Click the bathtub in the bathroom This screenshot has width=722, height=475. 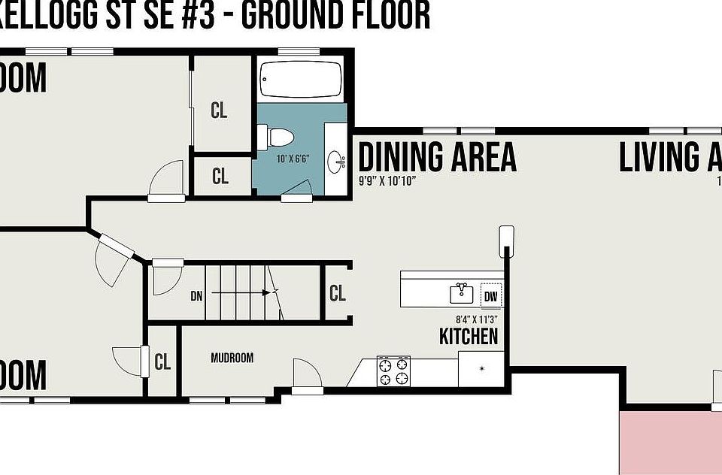click(x=301, y=78)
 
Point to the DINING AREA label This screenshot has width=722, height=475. click(x=437, y=156)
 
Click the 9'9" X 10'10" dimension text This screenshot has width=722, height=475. click(x=387, y=181)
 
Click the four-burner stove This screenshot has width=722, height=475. click(x=394, y=372)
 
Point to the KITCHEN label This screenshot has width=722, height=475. click(x=469, y=335)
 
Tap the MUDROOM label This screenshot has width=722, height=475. click(x=232, y=358)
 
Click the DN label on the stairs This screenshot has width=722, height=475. click(x=196, y=295)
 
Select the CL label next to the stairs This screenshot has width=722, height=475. click(x=338, y=293)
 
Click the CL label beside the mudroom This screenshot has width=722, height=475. click(x=162, y=362)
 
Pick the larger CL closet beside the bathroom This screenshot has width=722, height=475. click(x=219, y=110)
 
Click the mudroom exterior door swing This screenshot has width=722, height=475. click(x=305, y=374)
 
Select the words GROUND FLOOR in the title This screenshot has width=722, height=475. click(x=335, y=15)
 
